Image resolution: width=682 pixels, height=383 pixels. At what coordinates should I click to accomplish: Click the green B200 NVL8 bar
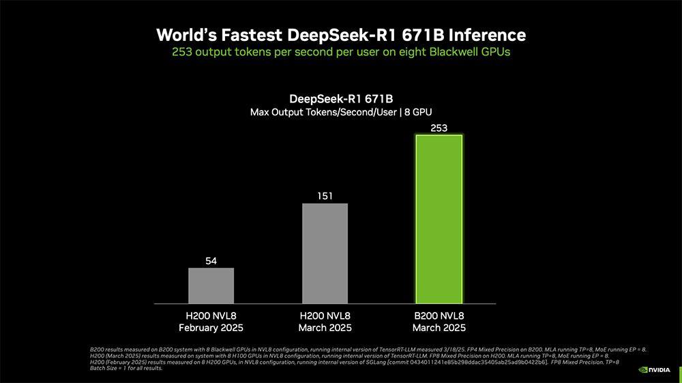(439, 218)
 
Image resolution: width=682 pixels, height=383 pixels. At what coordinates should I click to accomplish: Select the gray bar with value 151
(325, 253)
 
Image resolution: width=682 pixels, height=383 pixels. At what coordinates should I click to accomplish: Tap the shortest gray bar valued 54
(211, 285)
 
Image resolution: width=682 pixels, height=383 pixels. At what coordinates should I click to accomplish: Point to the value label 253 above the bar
(439, 128)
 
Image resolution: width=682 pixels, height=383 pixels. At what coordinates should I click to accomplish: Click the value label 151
(325, 197)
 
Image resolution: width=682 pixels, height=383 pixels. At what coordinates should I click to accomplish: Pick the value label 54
(211, 261)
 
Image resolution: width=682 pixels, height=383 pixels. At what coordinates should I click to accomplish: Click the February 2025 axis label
(211, 328)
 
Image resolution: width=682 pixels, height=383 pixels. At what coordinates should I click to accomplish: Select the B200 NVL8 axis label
(439, 316)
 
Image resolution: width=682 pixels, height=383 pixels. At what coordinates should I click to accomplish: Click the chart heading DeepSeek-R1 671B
(341, 98)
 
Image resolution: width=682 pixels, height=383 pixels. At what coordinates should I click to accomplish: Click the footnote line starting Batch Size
(126, 369)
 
